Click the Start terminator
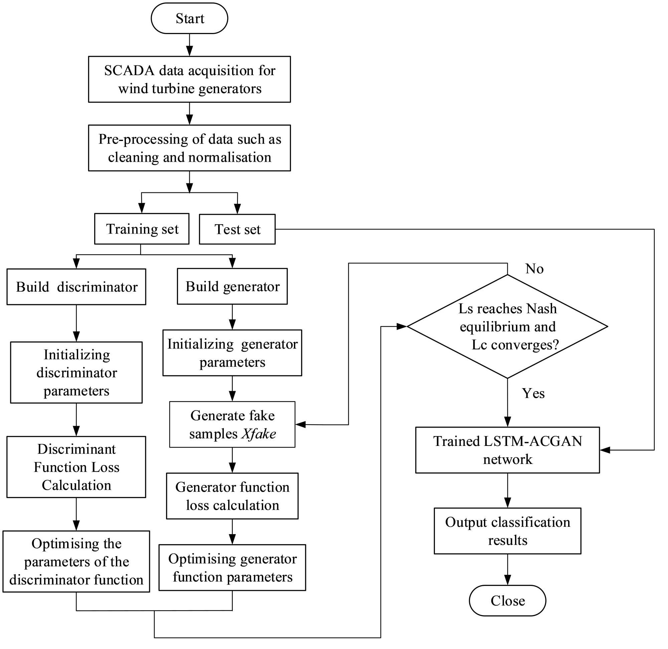click(189, 18)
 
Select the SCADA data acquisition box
click(189, 79)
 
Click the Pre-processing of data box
click(189, 148)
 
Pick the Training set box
click(141, 229)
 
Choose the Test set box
click(237, 229)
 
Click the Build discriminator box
click(76, 287)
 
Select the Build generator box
click(232, 286)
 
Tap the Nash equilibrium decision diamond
click(507, 326)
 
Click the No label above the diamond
click(534, 269)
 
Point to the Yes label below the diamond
click(533, 393)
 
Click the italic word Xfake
click(259, 434)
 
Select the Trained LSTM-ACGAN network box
click(507, 450)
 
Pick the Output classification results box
click(507, 531)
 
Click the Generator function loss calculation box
click(232, 496)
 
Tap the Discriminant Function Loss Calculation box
click(76, 467)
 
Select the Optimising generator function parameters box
click(232, 567)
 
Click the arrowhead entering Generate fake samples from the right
click(300, 425)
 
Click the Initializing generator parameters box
click(232, 353)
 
